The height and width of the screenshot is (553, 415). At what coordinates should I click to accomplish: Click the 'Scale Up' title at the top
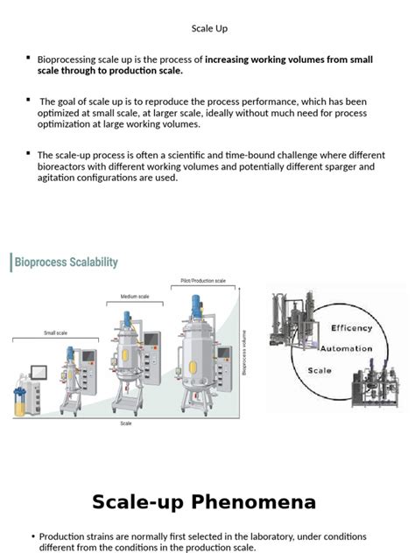[209, 29]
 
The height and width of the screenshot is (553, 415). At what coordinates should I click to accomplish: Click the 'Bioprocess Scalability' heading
[66, 262]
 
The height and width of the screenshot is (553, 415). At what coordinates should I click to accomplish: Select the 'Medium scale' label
[134, 297]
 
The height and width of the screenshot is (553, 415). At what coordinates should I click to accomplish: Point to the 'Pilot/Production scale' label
[203, 281]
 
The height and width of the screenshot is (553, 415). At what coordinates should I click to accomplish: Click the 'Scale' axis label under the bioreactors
[126, 423]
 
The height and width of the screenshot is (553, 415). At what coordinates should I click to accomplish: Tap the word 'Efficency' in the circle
[351, 328]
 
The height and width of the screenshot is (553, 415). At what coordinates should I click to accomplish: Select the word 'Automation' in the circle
[347, 348]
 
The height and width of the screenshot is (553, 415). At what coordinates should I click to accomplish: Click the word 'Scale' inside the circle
[320, 370]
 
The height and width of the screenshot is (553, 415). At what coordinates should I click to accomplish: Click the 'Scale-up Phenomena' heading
[204, 502]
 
